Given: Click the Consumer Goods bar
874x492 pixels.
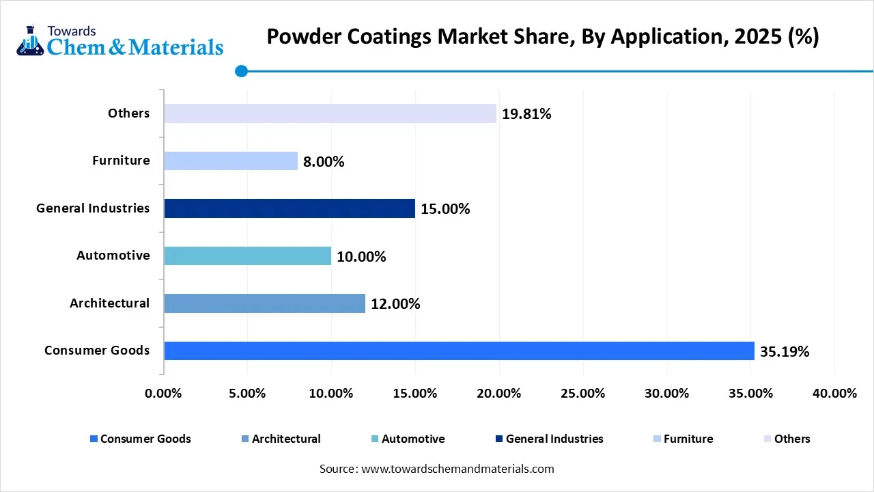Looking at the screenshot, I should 459,351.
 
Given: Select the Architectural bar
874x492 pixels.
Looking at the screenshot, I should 265,303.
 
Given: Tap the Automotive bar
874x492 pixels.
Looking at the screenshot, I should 248,256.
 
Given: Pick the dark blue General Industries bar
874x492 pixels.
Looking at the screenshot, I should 290,208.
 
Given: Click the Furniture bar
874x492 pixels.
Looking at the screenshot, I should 231,161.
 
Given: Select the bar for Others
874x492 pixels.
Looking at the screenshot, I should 330,113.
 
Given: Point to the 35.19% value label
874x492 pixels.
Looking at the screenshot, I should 785,352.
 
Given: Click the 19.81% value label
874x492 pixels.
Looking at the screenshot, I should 526,114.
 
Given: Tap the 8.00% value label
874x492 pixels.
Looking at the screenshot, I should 324,162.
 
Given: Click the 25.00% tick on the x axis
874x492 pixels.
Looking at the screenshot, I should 583,394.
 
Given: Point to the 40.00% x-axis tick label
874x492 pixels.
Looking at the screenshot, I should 834,394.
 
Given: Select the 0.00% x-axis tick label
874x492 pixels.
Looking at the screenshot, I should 164,394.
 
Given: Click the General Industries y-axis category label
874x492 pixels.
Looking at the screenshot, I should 93,208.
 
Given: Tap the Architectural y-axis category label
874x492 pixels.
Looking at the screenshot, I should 109,303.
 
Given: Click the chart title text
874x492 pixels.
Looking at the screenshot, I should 542,36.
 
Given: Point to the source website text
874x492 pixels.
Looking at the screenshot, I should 436,469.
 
